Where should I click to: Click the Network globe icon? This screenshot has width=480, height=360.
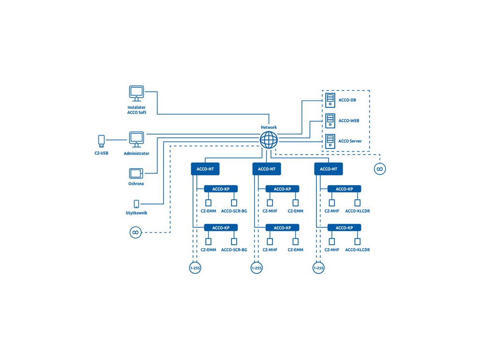coord(269,140)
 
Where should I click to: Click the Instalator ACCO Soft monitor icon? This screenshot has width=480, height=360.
coord(136,93)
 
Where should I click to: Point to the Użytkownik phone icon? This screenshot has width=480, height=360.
coord(136,204)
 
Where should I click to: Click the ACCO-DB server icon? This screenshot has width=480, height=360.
coord(330,99)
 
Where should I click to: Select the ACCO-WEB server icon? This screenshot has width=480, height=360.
coord(330,120)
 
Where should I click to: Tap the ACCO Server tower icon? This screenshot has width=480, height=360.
coord(330,141)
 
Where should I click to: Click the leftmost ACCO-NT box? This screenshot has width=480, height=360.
coord(205,169)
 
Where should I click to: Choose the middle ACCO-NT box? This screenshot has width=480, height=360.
coord(266,169)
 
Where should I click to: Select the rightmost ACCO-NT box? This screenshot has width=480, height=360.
coord(328,169)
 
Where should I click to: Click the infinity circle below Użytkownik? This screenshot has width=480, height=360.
coord(135,232)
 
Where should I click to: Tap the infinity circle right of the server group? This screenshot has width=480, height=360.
coord(380,169)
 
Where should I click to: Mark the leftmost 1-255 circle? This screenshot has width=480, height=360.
coord(195,269)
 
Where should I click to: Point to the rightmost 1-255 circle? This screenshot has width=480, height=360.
coord(318,269)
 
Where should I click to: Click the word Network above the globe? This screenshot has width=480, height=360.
coord(269,127)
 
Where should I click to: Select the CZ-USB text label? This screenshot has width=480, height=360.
coord(101,153)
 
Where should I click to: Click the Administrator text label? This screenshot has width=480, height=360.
coord(136,153)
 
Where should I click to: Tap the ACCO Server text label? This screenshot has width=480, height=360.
coord(350,141)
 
